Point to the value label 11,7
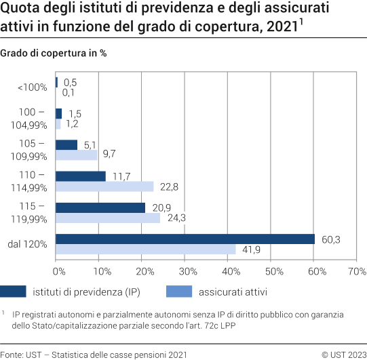click(121, 176)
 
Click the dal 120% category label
click(29, 243)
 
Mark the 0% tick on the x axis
click(59, 271)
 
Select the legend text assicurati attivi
click(235, 292)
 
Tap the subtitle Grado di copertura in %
click(54, 53)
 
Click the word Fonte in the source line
click(12, 354)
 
